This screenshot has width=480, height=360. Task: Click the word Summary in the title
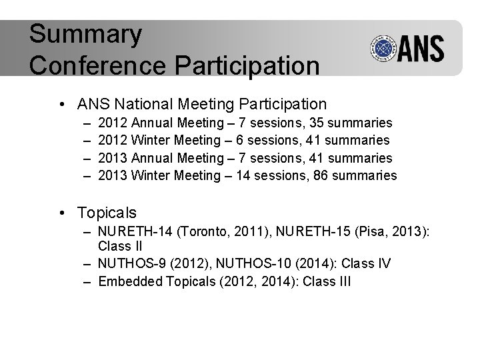[85, 35]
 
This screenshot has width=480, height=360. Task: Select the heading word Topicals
[107, 213]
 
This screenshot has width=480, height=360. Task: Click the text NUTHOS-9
[131, 264]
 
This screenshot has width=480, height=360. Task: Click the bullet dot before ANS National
[61, 105]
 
